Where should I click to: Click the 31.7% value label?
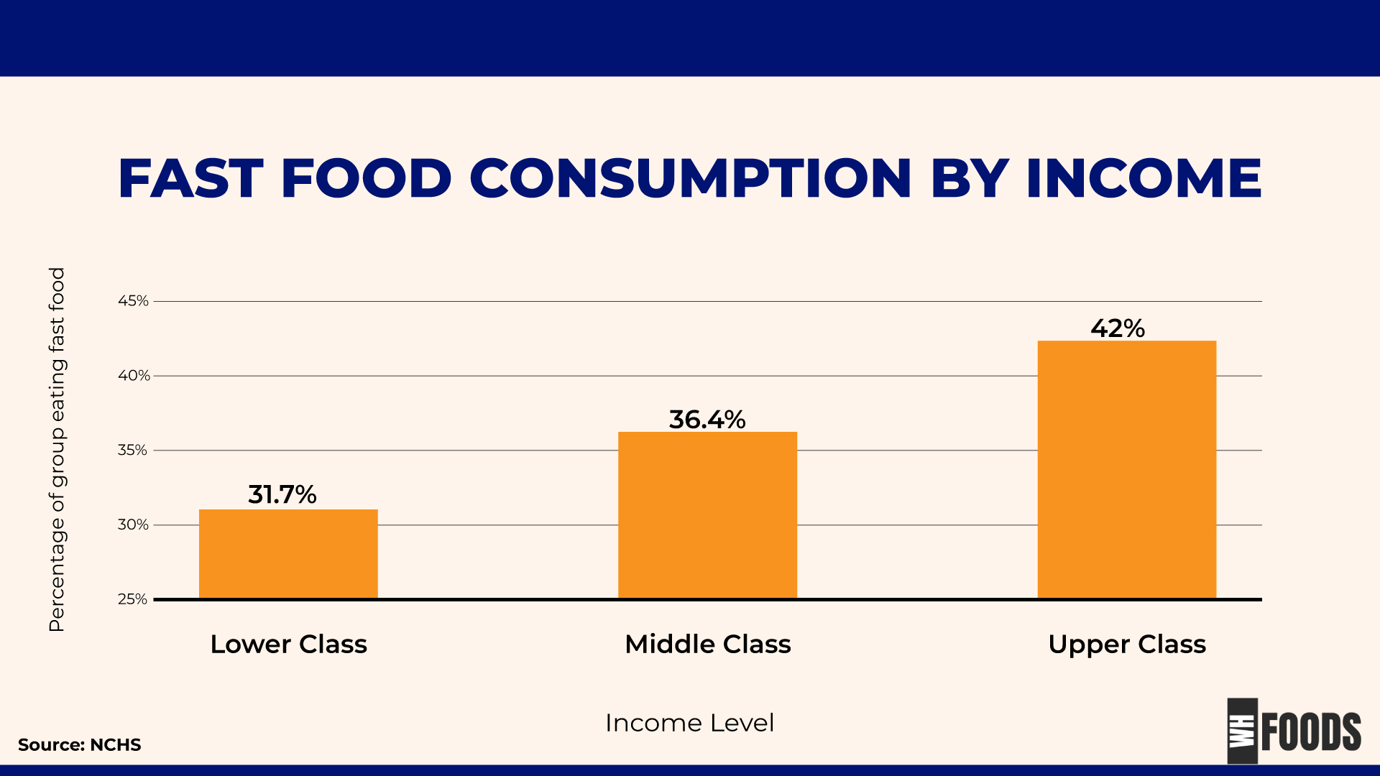pyautogui.click(x=282, y=494)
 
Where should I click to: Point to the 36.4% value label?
pyautogui.click(x=707, y=420)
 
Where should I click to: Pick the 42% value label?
pyautogui.click(x=1118, y=328)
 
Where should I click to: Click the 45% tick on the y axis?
pyautogui.click(x=133, y=301)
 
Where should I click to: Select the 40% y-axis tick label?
pyautogui.click(x=134, y=376)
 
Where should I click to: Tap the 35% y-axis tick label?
pyautogui.click(x=132, y=451)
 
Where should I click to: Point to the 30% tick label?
pyautogui.click(x=133, y=525)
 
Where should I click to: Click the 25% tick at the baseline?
pyautogui.click(x=132, y=599)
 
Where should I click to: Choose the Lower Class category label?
pyautogui.click(x=288, y=645)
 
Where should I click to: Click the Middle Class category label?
pyautogui.click(x=707, y=645)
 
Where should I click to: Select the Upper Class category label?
pyautogui.click(x=1127, y=645)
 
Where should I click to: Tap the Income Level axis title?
pyautogui.click(x=690, y=723)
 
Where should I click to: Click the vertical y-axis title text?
pyautogui.click(x=57, y=450)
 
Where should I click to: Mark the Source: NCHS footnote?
pyautogui.click(x=79, y=745)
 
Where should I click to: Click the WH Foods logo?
pyautogui.click(x=1294, y=731)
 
